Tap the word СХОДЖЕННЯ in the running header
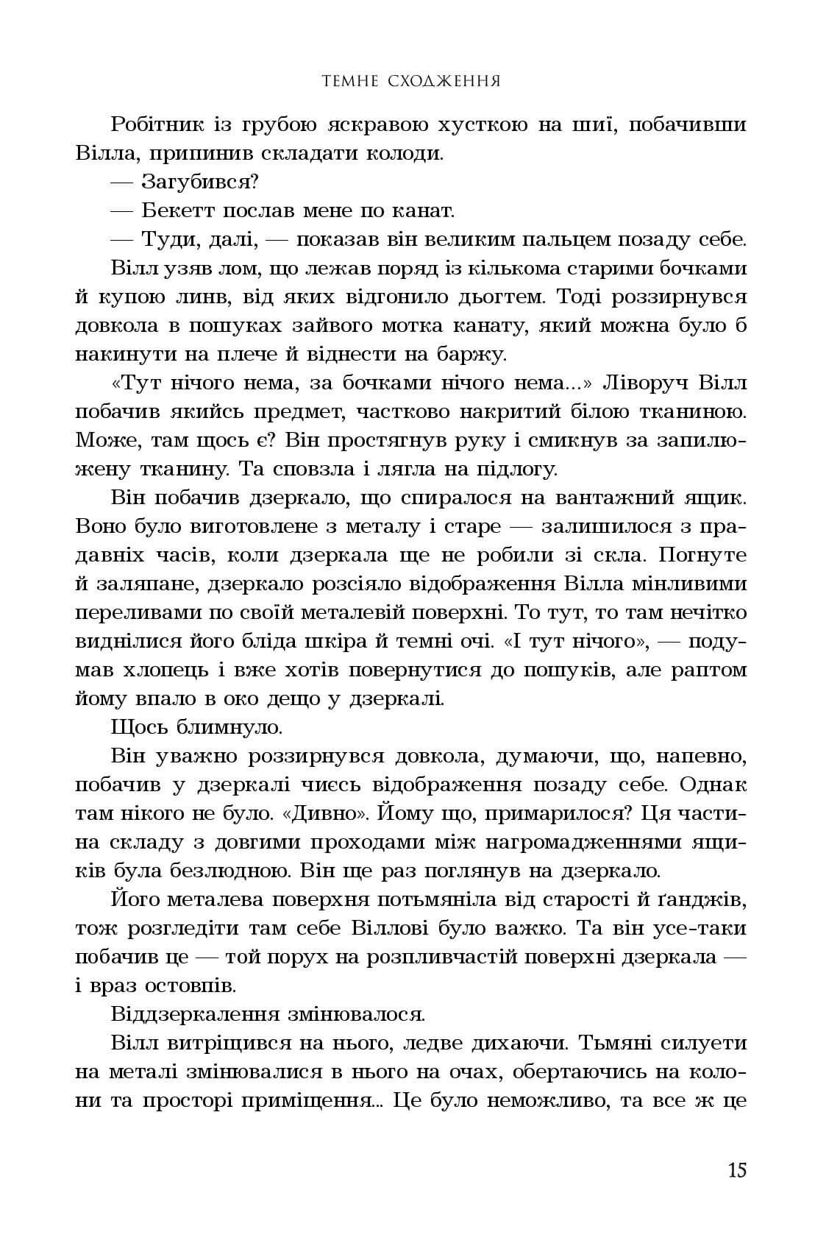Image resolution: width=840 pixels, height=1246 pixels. [x=444, y=80]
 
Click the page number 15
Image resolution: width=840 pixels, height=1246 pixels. [x=736, y=1170]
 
